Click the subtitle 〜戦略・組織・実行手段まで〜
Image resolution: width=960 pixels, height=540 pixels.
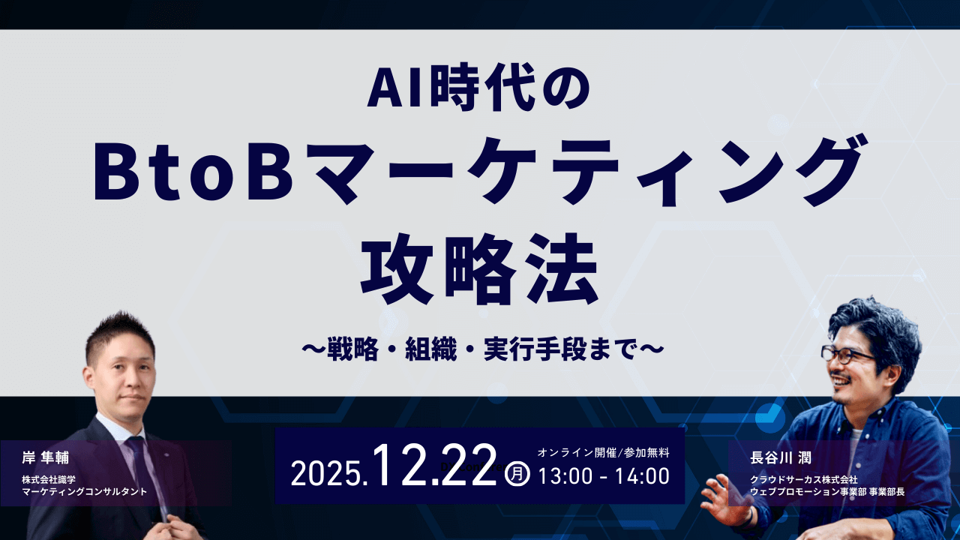click(479, 349)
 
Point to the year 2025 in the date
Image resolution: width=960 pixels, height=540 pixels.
click(328, 475)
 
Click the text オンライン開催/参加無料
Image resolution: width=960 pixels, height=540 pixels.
click(603, 452)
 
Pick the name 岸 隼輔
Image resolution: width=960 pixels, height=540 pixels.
click(46, 458)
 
